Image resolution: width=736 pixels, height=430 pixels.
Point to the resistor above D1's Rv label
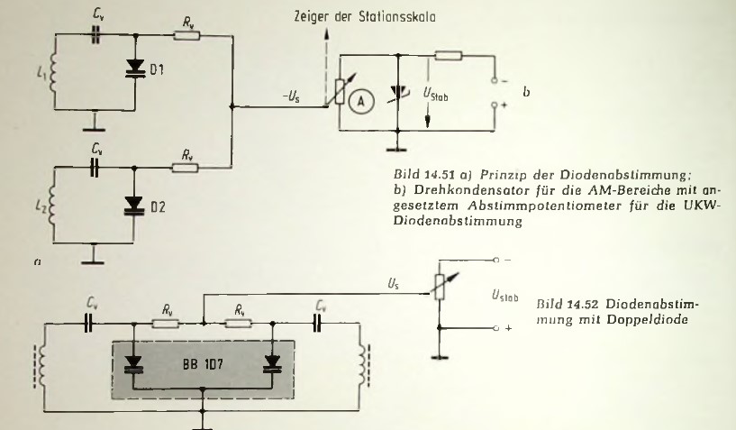pos(187,36)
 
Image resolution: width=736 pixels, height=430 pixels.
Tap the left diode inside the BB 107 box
pos(135,361)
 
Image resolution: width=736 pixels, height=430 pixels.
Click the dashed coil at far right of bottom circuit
pos(363,348)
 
